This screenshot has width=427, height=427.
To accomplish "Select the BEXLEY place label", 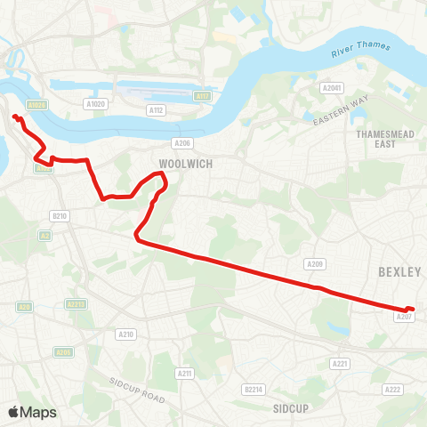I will [398, 271].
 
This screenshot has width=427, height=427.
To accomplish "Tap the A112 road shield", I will [157, 110].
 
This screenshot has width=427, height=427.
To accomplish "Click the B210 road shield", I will [60, 216].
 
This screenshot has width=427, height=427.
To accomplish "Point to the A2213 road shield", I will [76, 303].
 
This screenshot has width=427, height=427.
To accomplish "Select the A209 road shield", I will [314, 264].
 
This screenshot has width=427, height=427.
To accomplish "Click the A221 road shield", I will [339, 363].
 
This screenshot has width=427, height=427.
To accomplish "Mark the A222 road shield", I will [392, 390].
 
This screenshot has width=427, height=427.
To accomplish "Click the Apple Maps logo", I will [32, 412].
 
